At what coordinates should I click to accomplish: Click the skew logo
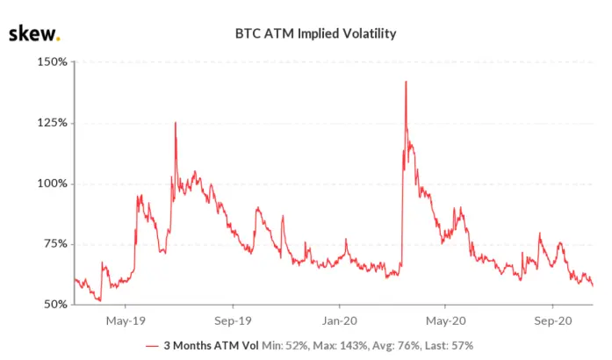34,33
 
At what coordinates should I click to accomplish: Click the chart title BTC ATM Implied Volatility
315,33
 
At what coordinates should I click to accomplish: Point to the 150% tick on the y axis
53,61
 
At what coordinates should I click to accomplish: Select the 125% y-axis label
53,123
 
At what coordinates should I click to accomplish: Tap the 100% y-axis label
53,184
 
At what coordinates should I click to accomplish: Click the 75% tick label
55,243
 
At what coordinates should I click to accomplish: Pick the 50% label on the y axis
55,304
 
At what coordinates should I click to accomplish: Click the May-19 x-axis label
126,321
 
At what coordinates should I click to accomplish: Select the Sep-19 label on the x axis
233,321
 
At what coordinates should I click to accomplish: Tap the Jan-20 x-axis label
340,321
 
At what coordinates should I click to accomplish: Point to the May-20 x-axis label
446,321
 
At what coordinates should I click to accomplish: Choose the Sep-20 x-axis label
553,321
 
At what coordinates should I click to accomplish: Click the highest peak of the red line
406,82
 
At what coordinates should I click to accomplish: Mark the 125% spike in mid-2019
176,123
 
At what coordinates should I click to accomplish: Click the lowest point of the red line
100,300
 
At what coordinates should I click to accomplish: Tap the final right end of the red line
593,286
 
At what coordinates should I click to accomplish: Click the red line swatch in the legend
152,346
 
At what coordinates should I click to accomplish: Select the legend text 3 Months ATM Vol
211,346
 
